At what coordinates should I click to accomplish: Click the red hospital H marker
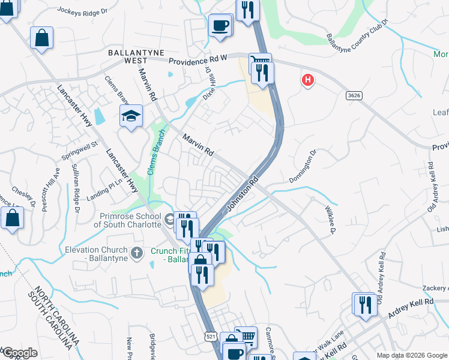pyautogui.click(x=308, y=79)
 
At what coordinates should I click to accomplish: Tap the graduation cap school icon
pyautogui.click(x=130, y=115)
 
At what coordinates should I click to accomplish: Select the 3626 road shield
pyautogui.click(x=354, y=95)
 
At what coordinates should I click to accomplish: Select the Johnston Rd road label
pyautogui.click(x=243, y=194)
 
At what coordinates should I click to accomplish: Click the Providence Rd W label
pyautogui.click(x=198, y=60)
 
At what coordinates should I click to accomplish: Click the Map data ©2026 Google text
pyautogui.click(x=412, y=355)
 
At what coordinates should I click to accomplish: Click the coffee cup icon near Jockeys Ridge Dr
pyautogui.click(x=220, y=26)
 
